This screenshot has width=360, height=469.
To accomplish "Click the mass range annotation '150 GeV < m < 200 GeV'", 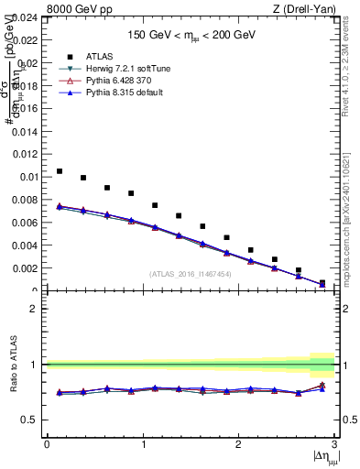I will [191, 36].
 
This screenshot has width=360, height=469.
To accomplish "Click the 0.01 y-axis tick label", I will [27, 177].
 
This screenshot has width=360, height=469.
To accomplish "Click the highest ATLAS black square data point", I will [60, 171].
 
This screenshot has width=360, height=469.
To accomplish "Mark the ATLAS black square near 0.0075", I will [155, 205].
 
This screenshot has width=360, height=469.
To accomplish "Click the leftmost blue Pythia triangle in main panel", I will [60, 206].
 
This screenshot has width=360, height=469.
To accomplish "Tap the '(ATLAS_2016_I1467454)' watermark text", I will [191, 274].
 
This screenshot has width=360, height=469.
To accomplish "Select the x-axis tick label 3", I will [334, 444].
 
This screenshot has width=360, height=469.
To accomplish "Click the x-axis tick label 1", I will [143, 444].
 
